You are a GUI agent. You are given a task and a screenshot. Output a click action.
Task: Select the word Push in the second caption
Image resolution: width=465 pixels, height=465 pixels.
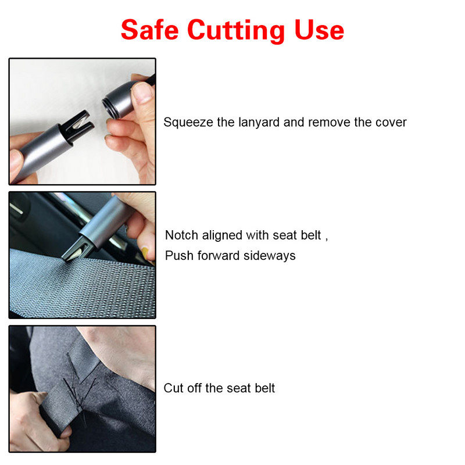178,256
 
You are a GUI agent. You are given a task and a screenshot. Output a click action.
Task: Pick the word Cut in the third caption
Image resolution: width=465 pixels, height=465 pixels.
173,388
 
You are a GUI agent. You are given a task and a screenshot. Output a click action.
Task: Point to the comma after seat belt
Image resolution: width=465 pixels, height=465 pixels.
327,238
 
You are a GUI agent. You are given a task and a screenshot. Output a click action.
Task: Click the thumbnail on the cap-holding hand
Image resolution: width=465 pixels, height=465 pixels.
142,92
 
